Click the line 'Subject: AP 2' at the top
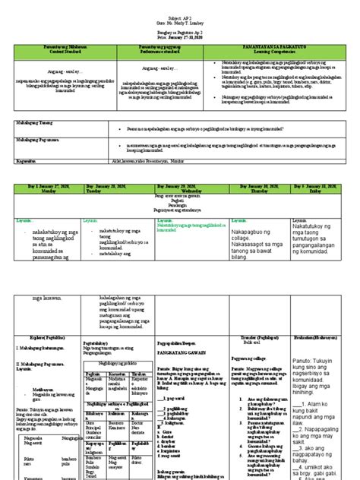[179, 6]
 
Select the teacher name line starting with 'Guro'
[179, 14]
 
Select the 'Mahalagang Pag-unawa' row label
[35, 140]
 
